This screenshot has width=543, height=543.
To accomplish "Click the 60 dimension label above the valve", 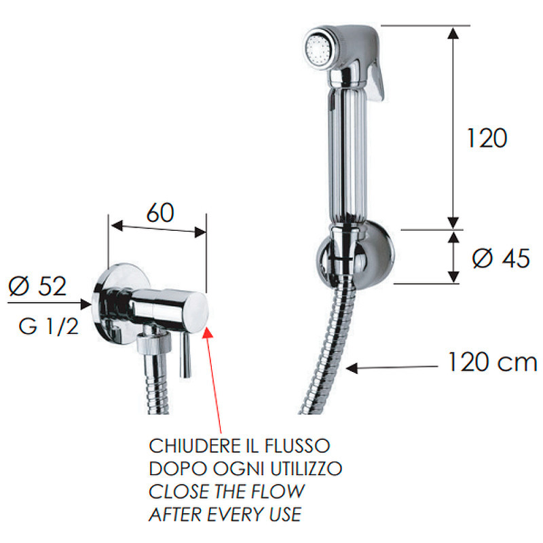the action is (x=160, y=212).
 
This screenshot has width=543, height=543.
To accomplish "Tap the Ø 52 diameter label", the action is (x=37, y=286).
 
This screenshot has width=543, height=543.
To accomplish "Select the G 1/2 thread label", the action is (x=48, y=326).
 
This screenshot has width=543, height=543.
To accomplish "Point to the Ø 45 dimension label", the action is (x=501, y=259).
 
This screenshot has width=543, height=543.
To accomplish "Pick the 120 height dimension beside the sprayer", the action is (x=487, y=138).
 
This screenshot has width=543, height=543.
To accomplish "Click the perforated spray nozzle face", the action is (x=318, y=48).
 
